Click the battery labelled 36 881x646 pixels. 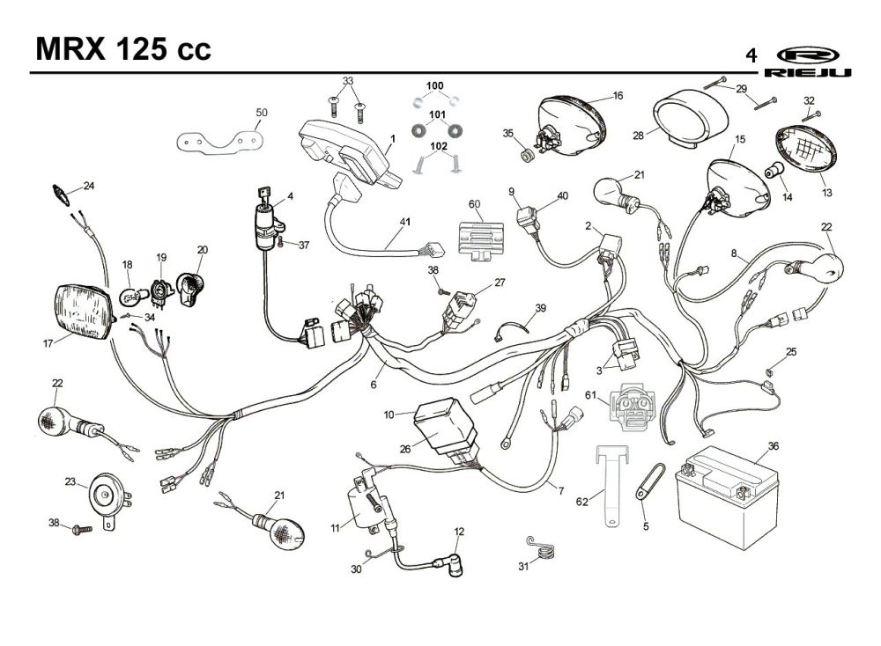tap(727, 496)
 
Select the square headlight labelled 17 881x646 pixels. tap(85, 312)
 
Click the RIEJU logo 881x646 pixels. tap(808, 62)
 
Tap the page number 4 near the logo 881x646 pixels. tap(751, 56)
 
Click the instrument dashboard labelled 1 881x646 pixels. tap(350, 151)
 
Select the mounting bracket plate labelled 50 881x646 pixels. tap(220, 140)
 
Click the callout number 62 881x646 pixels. tap(582, 501)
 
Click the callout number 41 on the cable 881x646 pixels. tap(405, 222)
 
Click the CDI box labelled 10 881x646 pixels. tap(446, 424)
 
